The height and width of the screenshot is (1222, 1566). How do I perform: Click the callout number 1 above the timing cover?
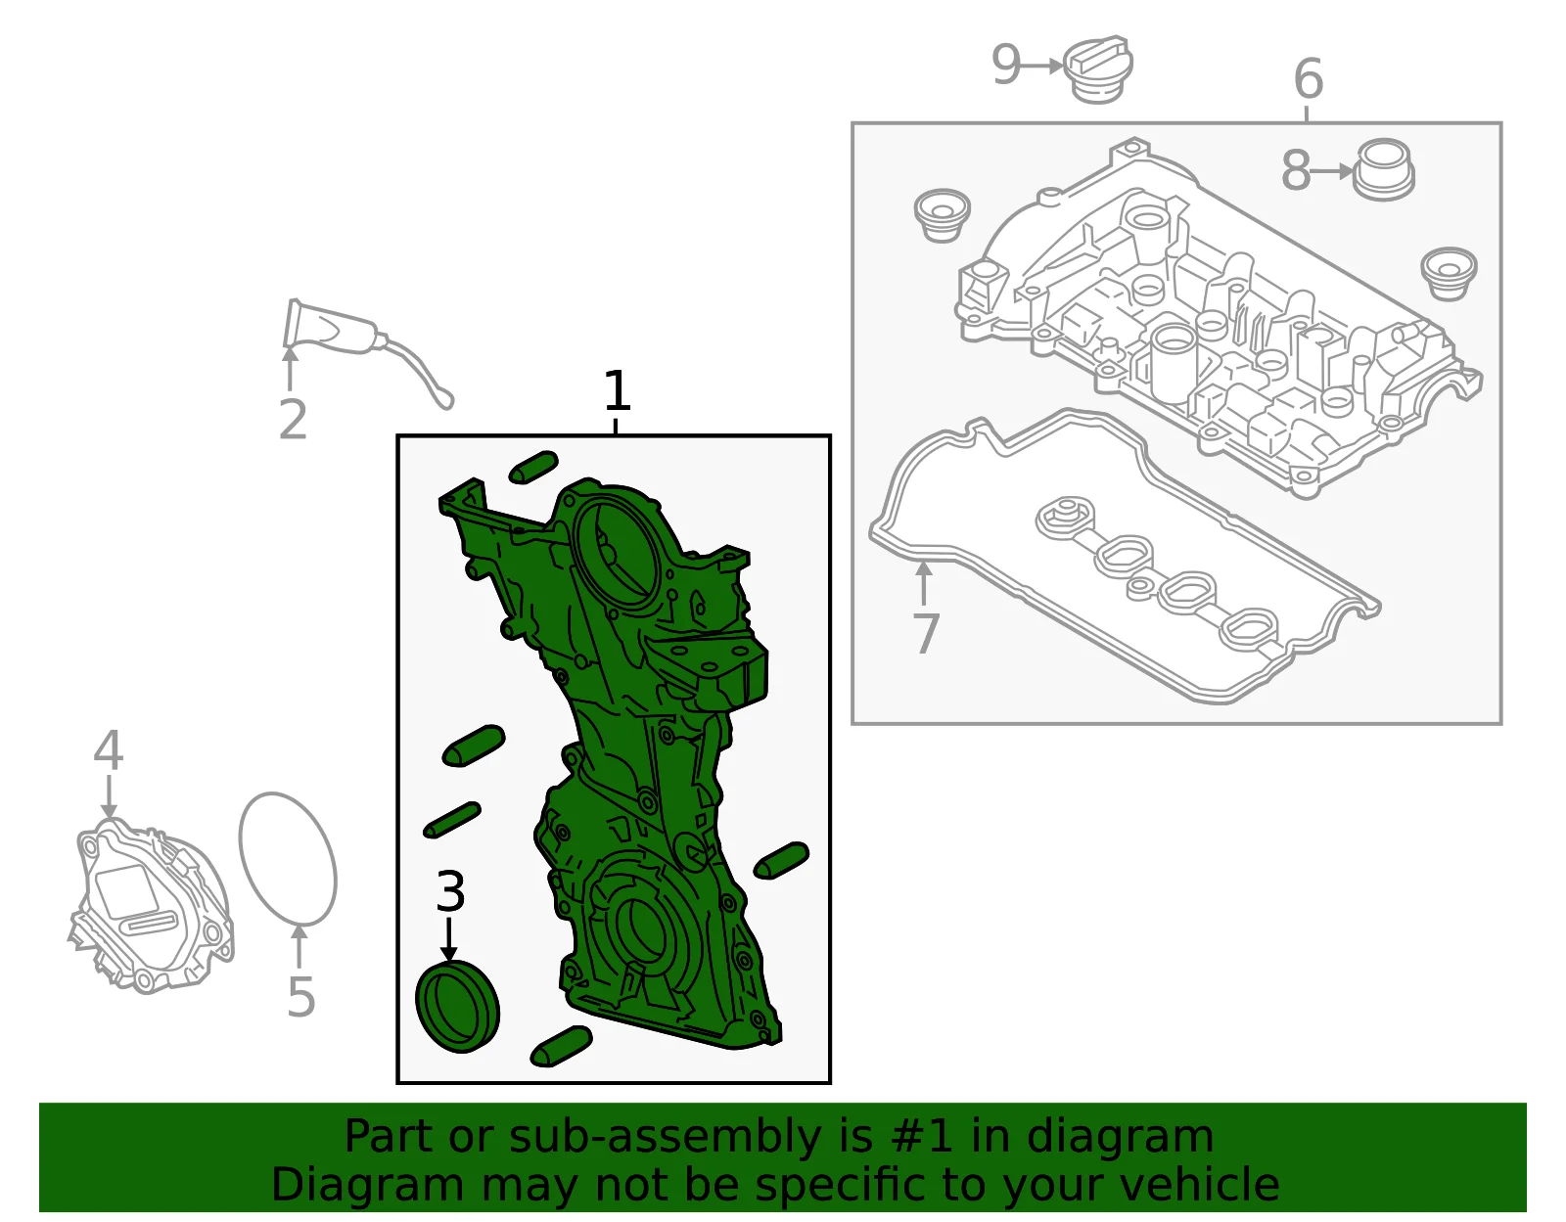point(617,391)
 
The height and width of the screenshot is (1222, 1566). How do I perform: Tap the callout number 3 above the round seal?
point(450,891)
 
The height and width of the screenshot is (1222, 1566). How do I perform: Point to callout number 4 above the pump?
point(108,749)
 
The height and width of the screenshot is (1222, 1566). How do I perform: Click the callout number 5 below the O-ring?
point(301,997)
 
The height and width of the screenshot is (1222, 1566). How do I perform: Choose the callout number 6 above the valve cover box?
point(1308,78)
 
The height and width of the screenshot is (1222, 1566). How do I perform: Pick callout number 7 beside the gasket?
point(926,634)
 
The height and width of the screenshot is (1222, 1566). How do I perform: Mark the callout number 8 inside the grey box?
point(1295,171)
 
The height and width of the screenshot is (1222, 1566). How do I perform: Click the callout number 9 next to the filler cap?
point(1006,65)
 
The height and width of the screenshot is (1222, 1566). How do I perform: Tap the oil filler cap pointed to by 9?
point(1098,69)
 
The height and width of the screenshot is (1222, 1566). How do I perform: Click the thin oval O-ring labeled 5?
point(288,858)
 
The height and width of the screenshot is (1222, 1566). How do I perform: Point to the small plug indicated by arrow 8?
point(1383,170)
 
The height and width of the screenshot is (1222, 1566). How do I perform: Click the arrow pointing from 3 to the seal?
point(449,939)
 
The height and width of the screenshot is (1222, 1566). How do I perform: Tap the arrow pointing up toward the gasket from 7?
point(923,583)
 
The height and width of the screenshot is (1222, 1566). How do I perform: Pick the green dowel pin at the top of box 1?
point(533,468)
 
